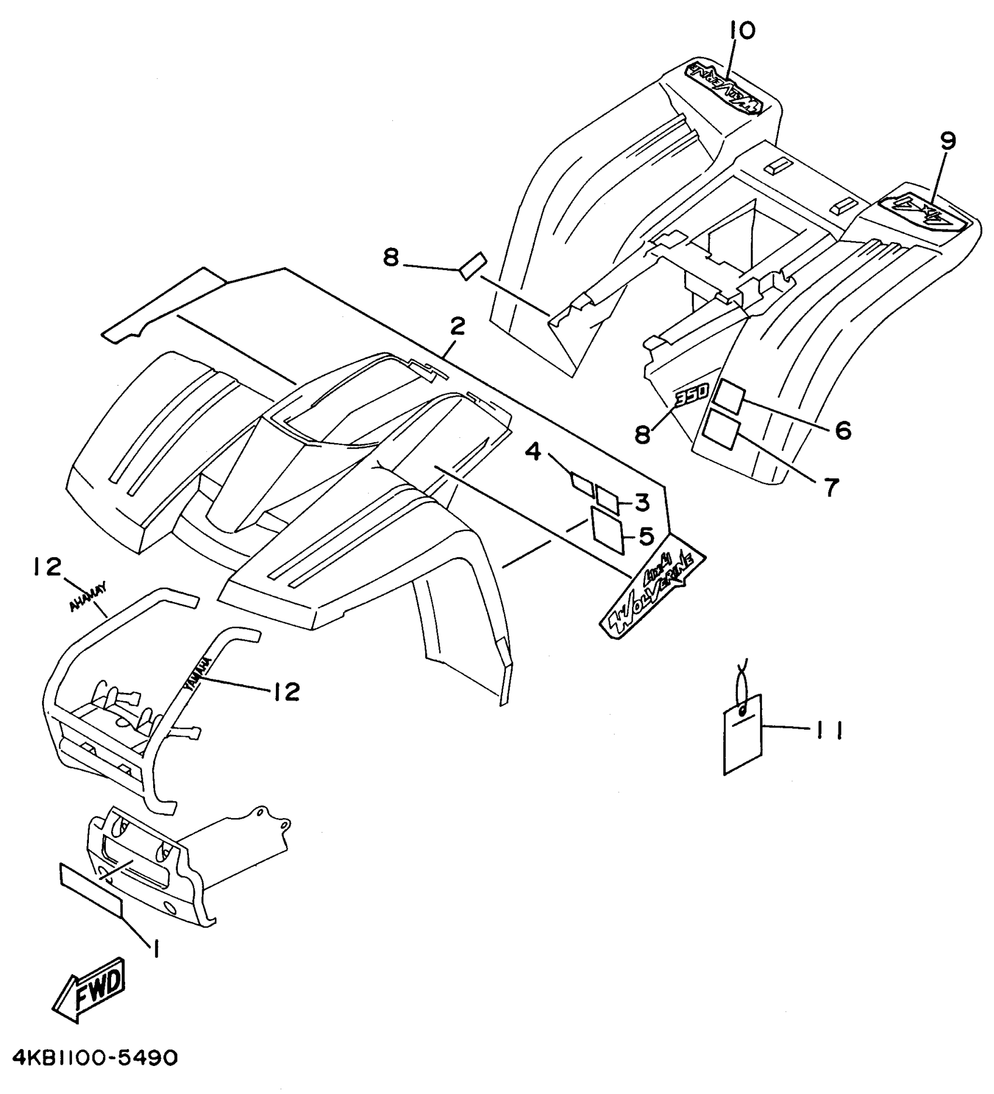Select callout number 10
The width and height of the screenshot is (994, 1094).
point(742,30)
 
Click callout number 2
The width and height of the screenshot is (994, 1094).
point(457,327)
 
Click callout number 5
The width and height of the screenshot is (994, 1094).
point(646,536)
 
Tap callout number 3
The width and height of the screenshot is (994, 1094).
point(642,501)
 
